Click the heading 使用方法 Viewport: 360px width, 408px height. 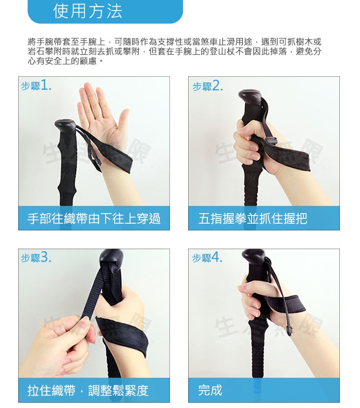(x=88, y=11)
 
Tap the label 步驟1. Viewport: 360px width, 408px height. (x=36, y=85)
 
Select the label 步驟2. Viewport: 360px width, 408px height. (x=207, y=85)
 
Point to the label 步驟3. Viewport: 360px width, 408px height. (x=36, y=258)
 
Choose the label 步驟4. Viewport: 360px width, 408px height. (x=207, y=258)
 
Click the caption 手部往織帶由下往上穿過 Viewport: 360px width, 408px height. (x=94, y=218)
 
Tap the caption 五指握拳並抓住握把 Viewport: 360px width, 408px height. (x=252, y=218)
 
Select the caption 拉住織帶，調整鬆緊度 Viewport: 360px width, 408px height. (x=88, y=390)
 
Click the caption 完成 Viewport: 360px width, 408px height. (x=210, y=390)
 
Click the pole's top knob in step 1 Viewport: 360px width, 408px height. (x=65, y=126)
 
